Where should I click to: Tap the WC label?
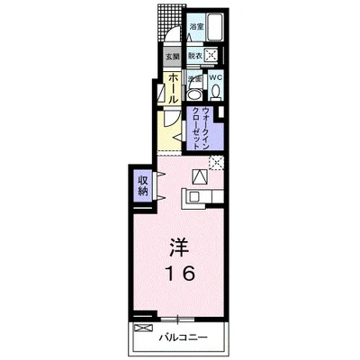[215, 78]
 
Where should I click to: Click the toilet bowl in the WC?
[215, 92]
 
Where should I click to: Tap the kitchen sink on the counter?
[195, 195]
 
